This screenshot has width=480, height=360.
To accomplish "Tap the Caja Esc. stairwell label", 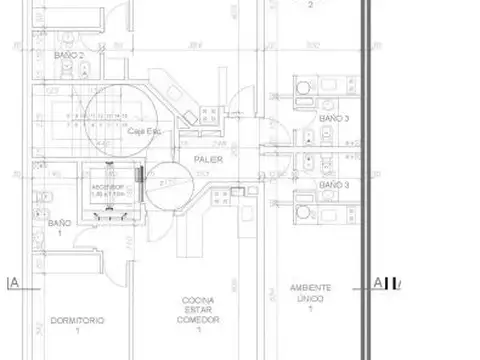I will click(144, 131).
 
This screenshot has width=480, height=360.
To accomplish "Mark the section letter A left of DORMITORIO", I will click(13, 284).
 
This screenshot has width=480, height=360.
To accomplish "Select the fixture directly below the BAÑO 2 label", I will click(88, 70).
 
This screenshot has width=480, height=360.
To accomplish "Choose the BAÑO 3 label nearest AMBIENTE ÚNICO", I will click(334, 186).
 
